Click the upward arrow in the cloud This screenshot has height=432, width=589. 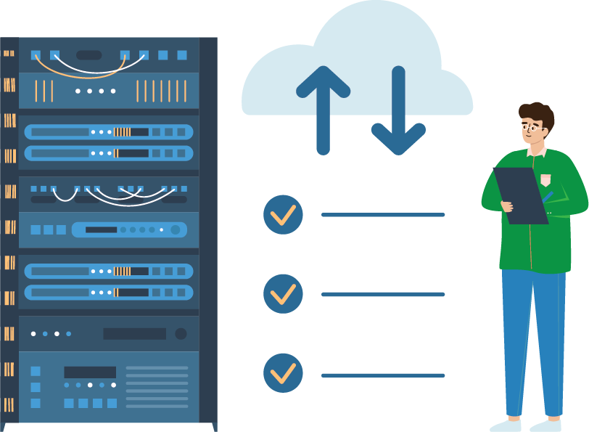coord(324,109)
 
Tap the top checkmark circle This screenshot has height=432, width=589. coord(283,215)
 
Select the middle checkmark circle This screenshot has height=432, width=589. coord(283,294)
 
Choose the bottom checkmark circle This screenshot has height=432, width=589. coord(283,373)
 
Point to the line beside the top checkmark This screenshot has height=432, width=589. coord(383,215)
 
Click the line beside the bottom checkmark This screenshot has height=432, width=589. coord(383,375)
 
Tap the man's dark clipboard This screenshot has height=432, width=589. coord(520,195)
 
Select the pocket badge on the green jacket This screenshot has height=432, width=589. coord(545,179)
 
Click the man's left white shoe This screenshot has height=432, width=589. coord(505,425)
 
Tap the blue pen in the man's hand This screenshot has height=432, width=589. coord(547,196)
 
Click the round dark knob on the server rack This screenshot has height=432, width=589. coord(181,334)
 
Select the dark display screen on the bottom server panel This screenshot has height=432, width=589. coord(90,372)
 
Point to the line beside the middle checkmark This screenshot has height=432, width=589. coord(383,294)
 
